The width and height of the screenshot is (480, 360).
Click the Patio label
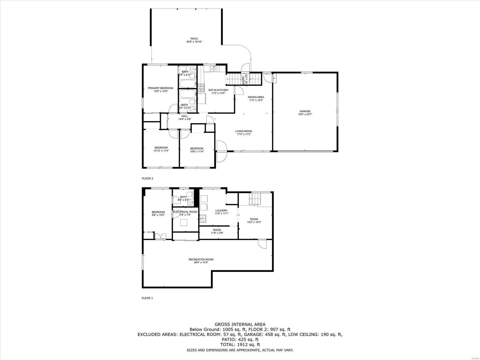point(194,40)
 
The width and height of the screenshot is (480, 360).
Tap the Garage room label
point(305,113)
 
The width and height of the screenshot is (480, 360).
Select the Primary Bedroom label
point(160,89)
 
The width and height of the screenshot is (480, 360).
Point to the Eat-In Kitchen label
point(218,92)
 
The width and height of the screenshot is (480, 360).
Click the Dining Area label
point(256,98)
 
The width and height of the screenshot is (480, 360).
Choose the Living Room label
point(243,133)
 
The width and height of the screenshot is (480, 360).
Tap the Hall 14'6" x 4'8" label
point(185,117)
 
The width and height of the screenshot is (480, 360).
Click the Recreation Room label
point(201,261)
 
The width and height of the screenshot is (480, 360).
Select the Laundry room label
point(222,212)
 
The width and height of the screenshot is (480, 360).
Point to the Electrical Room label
point(185,213)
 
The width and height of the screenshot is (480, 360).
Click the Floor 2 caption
point(147,178)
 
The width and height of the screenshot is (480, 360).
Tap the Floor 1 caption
point(147,298)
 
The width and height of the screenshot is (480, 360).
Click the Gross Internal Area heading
point(240,324)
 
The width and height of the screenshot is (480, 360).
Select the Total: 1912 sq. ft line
point(240,344)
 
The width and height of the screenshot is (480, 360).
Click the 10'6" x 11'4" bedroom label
point(197,150)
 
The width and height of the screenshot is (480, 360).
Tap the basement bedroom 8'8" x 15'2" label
point(158,213)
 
